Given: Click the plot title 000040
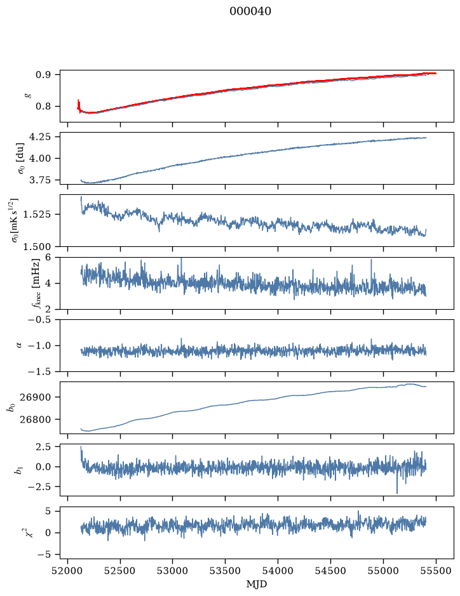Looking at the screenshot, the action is pos(250,11).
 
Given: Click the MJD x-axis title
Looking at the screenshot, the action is pos(257,583).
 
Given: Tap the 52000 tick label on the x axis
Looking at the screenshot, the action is pos(68,571).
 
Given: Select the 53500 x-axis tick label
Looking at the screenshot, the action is pos(226,571).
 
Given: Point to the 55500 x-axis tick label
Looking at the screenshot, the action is pos(436,571).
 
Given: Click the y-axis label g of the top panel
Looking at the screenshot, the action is pos(27,96).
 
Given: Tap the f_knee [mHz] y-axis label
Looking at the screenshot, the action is pos(36,283).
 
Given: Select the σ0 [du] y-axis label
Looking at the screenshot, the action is pos(20,158).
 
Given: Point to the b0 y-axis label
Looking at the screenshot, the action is pos(12,407).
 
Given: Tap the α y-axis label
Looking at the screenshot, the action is pos(20,345).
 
